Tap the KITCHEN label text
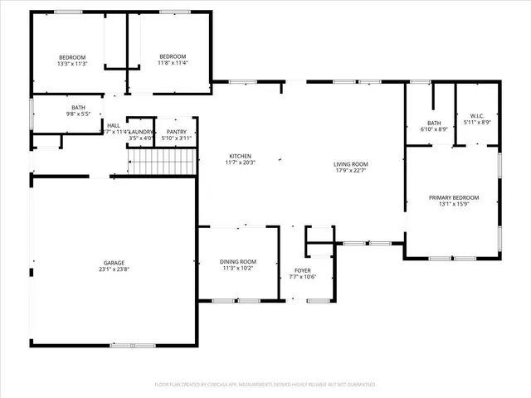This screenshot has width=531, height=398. (241, 156)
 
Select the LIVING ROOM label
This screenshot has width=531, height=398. (351, 164)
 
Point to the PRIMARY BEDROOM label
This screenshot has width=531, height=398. (453, 197)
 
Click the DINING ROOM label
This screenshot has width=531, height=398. (238, 261)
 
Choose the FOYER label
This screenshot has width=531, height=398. (304, 269)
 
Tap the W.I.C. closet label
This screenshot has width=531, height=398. (476, 116)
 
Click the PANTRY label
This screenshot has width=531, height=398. (177, 132)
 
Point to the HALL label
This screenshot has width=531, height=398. (113, 125)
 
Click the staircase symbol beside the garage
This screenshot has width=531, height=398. (164, 163)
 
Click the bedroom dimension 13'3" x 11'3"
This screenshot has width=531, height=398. (71, 64)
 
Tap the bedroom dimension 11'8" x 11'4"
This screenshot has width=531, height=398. (173, 62)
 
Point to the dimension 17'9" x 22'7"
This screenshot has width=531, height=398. (351, 172)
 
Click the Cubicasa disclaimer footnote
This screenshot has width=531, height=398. (265, 384)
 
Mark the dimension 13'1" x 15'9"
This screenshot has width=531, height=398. (453, 204)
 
